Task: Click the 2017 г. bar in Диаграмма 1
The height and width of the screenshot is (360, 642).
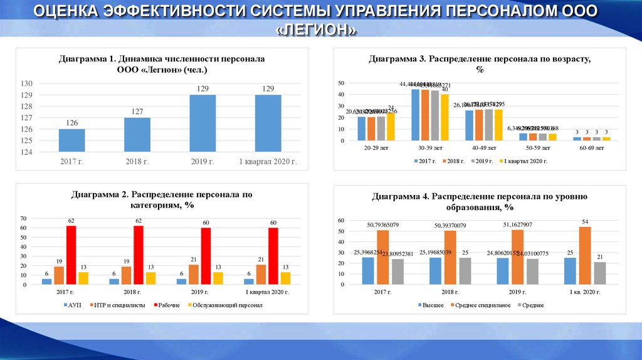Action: coord(72,140)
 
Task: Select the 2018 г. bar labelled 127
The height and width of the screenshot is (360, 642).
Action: coord(137,134)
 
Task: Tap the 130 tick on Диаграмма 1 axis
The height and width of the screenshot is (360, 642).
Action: coord(27,83)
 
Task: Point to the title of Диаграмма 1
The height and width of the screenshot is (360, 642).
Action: coord(162,64)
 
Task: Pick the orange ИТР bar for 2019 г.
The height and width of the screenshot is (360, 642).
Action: coord(193,274)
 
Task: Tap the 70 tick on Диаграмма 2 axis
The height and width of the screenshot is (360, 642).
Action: coord(23,218)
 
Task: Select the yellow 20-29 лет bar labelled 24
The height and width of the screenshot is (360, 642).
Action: coord(391,126)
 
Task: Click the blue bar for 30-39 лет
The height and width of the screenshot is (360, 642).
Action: coord(415,115)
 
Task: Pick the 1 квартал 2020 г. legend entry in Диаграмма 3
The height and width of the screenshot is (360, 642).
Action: coord(522,161)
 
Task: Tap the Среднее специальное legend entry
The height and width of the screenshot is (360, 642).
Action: coord(478,305)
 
